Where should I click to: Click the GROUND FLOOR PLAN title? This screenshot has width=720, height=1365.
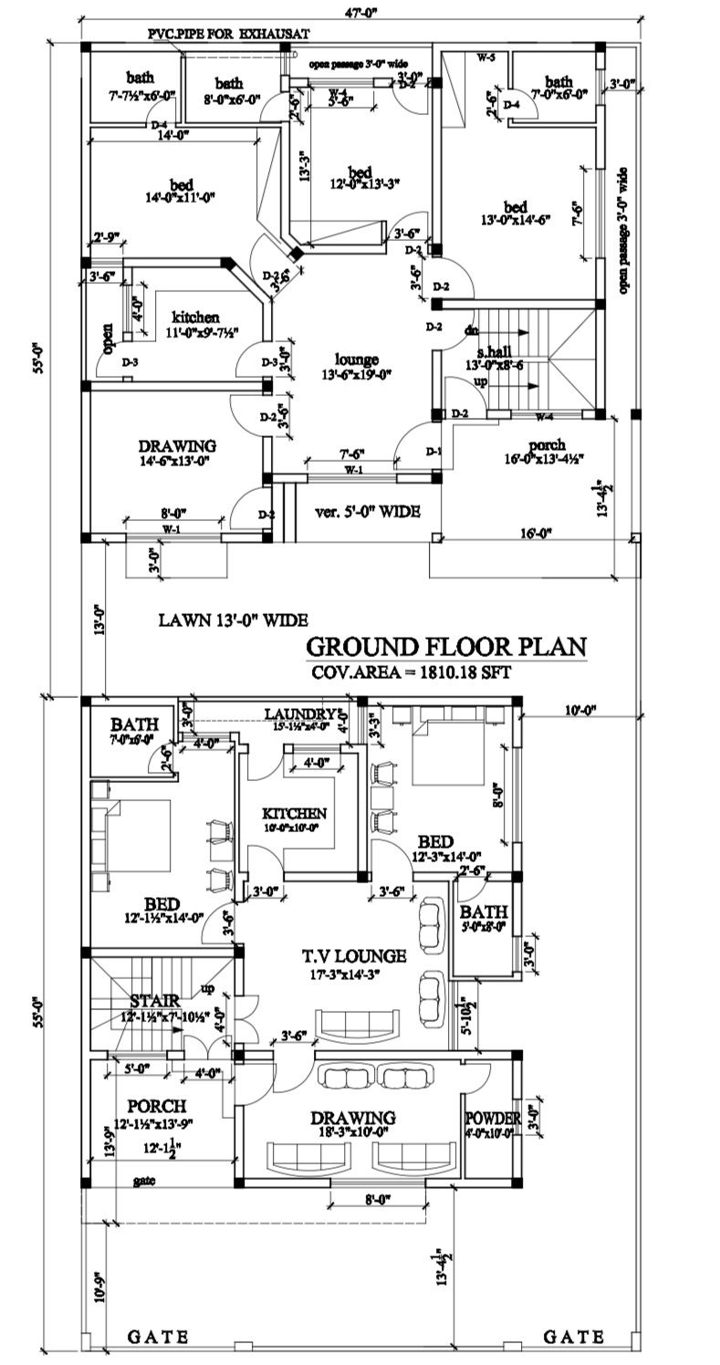pyautogui.click(x=445, y=647)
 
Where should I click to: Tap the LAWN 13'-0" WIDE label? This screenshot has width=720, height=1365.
pyautogui.click(x=233, y=620)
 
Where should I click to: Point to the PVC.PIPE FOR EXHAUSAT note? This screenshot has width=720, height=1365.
pyautogui.click(x=229, y=34)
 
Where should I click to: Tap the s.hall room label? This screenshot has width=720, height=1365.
pyautogui.click(x=497, y=352)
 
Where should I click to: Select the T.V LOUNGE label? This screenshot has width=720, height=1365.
pyautogui.click(x=354, y=956)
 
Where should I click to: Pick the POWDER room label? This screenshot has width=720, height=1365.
pyautogui.click(x=493, y=1119)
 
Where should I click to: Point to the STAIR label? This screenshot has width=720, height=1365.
pyautogui.click(x=151, y=1001)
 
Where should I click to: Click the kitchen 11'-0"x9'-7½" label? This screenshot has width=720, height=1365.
pyautogui.click(x=193, y=324)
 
